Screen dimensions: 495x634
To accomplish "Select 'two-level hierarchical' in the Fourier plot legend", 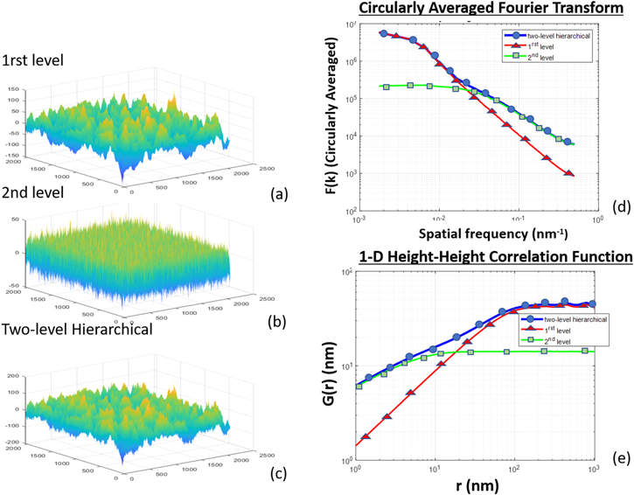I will [x=556, y=35].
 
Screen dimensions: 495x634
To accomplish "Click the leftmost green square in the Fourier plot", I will [x=383, y=86].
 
